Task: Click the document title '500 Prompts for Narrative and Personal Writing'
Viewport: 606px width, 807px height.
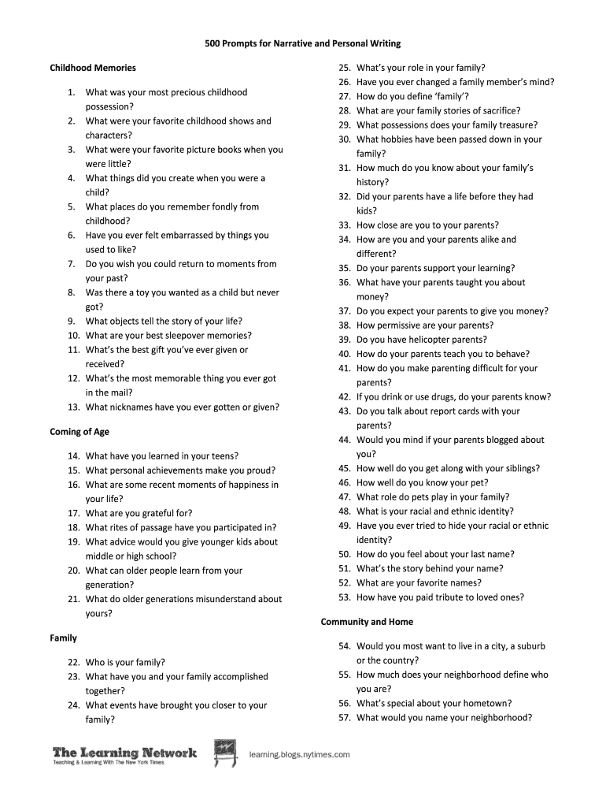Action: click(302, 43)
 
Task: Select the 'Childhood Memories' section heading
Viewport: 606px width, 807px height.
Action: click(93, 68)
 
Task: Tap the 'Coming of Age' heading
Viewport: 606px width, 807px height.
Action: click(79, 432)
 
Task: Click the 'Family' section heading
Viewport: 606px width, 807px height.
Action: click(63, 637)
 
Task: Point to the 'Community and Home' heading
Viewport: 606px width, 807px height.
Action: click(367, 622)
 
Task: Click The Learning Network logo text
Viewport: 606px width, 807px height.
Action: click(124, 753)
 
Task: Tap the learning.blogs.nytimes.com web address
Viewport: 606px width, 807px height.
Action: click(299, 754)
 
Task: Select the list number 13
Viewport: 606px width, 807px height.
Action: click(73, 407)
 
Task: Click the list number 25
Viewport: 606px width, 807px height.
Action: click(344, 68)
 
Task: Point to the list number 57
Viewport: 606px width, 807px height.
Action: click(344, 718)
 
